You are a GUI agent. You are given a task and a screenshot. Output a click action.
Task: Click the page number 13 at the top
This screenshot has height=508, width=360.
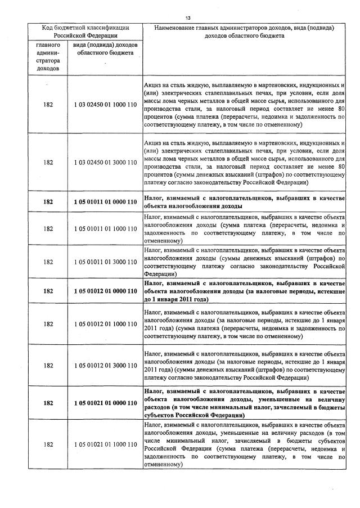click(x=187, y=18)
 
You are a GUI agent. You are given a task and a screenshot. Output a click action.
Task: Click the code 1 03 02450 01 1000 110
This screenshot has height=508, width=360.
click(x=105, y=105)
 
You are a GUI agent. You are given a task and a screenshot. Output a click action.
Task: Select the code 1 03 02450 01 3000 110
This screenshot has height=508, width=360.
click(x=105, y=163)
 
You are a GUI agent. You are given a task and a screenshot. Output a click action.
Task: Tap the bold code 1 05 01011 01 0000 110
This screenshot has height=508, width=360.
click(x=105, y=201)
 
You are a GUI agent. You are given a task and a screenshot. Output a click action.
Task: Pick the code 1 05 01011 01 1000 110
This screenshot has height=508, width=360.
click(x=105, y=228)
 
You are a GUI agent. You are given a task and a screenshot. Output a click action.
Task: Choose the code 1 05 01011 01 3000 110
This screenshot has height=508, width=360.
click(x=105, y=262)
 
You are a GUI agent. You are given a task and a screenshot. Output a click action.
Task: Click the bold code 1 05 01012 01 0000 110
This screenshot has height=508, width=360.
click(x=105, y=291)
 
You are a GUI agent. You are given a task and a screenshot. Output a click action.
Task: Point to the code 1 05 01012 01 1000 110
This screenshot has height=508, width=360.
click(x=105, y=323)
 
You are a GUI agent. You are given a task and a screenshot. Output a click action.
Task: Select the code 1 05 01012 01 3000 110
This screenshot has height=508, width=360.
click(x=105, y=366)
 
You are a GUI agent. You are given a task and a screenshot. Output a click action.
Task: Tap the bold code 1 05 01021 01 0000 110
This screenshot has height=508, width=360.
click(x=105, y=403)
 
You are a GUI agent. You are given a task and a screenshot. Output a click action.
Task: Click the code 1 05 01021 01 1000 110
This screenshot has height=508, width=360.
click(x=105, y=444)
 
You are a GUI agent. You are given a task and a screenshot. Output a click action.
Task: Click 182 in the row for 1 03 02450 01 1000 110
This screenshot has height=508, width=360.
click(x=48, y=105)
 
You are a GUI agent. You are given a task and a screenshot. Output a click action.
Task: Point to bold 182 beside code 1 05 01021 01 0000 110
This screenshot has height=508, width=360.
click(x=48, y=403)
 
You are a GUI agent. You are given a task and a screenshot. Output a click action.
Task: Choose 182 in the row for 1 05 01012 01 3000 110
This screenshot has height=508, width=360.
click(x=48, y=366)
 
